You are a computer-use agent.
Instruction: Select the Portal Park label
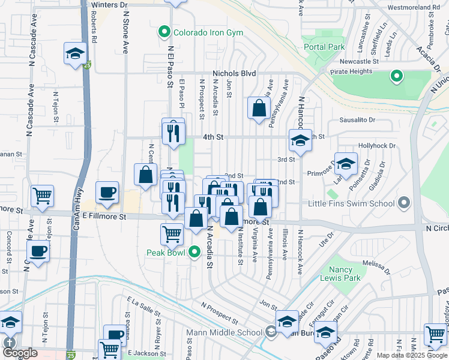pyautogui.click(x=324, y=47)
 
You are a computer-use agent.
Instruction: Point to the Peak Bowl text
pyautogui.click(x=166, y=252)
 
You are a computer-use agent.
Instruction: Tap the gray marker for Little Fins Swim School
pyautogui.click(x=404, y=203)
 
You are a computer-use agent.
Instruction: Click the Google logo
pyautogui.click(x=20, y=353)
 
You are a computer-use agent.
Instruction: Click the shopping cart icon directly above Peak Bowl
pyautogui.click(x=172, y=234)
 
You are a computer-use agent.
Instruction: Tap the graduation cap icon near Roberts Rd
pyautogui.click(x=76, y=54)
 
